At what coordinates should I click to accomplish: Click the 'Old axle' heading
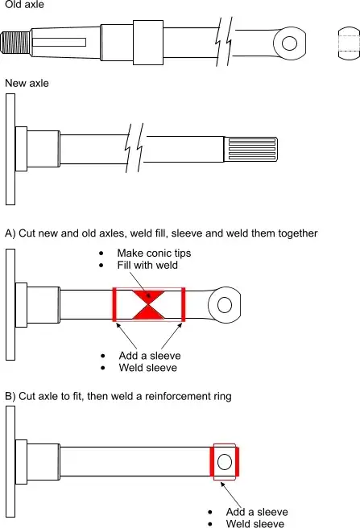tap(24, 4)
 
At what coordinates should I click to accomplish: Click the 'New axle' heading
tap(27, 83)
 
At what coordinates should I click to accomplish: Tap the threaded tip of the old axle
tap(15, 43)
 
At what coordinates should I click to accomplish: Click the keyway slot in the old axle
tap(59, 42)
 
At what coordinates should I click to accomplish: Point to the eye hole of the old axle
tap(289, 43)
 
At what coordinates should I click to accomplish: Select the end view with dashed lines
tap(349, 43)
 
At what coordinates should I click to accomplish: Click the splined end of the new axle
tap(250, 149)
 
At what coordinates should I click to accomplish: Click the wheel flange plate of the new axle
tap(10, 149)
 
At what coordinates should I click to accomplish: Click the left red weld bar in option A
tap(114, 304)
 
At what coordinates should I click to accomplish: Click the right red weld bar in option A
tap(183, 304)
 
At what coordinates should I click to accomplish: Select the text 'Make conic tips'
tap(154, 254)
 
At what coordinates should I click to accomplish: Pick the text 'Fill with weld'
tap(147, 266)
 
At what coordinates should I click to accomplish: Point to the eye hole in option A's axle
tap(225, 305)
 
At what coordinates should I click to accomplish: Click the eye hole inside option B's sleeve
tap(225, 462)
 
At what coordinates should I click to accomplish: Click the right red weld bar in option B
tap(237, 462)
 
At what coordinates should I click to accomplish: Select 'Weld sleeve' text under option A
tap(147, 367)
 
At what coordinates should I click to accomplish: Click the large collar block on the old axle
tap(148, 43)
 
